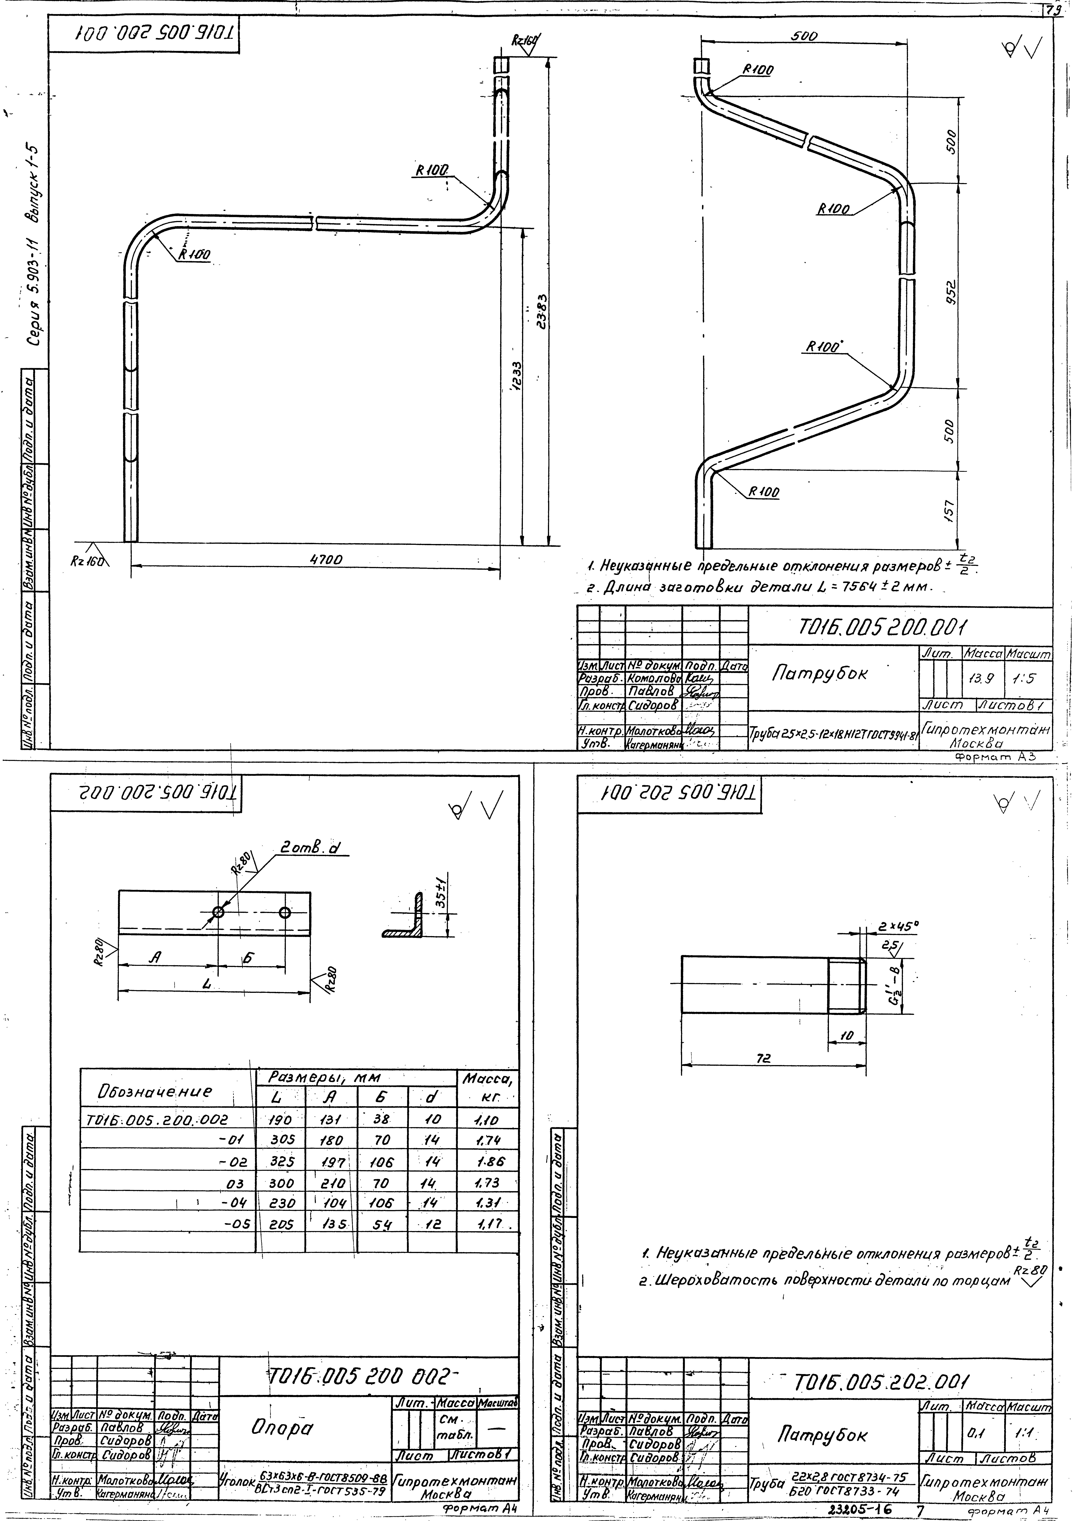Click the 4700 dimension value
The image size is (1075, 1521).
click(326, 560)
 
